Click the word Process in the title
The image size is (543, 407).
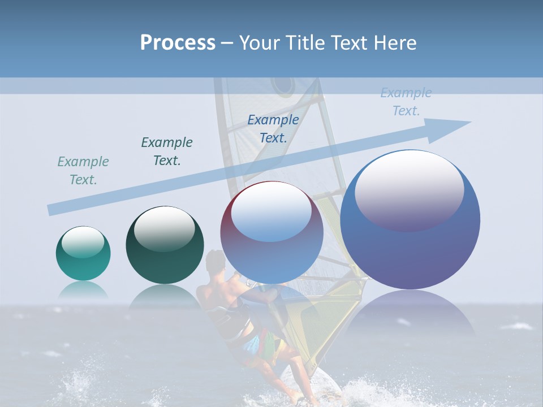178,43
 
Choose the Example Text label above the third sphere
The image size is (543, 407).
273,128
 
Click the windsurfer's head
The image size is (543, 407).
215,262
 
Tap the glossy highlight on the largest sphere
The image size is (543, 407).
409,189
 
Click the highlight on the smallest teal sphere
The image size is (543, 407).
83,242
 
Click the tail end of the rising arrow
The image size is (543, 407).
52,210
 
